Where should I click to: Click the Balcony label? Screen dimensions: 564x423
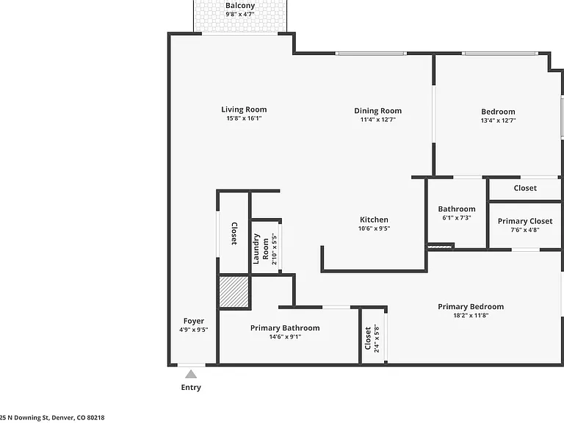(x=240, y=6)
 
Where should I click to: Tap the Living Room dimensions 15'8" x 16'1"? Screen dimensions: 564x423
(x=244, y=118)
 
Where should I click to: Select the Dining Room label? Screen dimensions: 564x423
(x=377, y=111)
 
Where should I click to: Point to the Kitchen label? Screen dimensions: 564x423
(x=374, y=220)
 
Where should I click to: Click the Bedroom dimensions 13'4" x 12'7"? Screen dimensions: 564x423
(x=498, y=120)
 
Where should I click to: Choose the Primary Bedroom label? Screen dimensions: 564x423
(x=471, y=307)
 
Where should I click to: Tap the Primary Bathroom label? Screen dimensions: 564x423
(x=285, y=328)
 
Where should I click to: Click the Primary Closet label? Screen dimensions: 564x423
(x=525, y=221)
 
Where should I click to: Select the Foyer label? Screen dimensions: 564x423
(x=194, y=321)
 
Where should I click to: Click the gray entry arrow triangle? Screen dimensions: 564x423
(x=191, y=375)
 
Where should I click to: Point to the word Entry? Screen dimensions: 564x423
(x=191, y=388)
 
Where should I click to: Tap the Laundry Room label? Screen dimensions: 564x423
(x=261, y=249)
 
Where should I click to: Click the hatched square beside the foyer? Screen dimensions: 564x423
(x=234, y=292)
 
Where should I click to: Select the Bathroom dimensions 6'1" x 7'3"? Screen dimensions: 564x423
(x=457, y=217)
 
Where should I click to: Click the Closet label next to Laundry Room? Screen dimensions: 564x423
(x=234, y=234)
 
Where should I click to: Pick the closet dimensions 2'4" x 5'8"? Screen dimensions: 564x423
(x=377, y=338)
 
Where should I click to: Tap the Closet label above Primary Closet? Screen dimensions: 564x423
(x=525, y=188)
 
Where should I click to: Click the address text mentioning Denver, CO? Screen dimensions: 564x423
(x=52, y=418)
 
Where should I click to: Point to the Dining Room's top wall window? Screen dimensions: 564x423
(x=371, y=54)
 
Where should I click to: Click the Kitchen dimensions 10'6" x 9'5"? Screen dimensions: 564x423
(x=374, y=228)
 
